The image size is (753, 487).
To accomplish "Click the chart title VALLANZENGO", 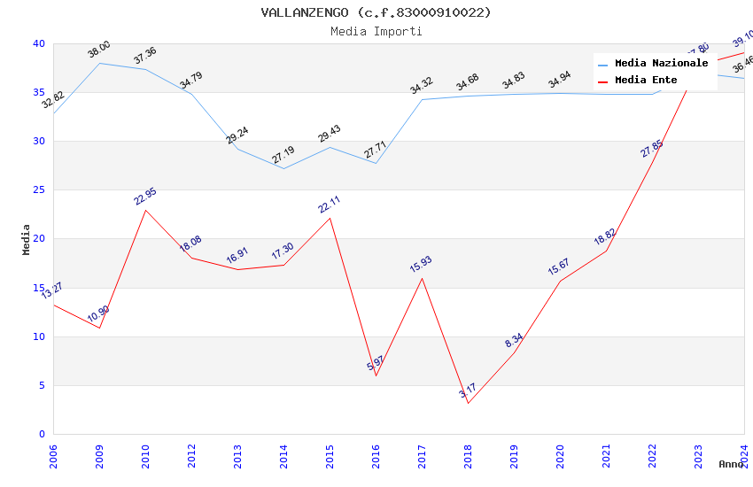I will tap(376, 12).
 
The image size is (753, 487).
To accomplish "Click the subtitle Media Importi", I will tap(376, 32).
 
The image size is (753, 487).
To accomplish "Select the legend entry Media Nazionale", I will tap(661, 64).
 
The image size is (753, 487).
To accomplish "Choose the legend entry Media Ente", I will tap(646, 81).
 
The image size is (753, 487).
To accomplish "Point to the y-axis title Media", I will tap(27, 239).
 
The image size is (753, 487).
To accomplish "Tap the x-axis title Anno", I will tap(731, 464).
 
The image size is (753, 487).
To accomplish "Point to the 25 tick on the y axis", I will tap(39, 190).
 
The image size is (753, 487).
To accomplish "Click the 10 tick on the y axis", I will tap(39, 336).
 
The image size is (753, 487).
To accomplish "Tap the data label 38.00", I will tap(98, 50).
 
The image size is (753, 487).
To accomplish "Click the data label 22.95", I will tap(144, 196).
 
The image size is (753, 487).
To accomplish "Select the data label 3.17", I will tap(467, 390).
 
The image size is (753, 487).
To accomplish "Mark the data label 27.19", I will tap(283, 156).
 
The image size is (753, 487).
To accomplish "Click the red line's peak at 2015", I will tap(330, 218).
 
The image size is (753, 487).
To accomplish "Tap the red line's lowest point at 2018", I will tap(468, 403).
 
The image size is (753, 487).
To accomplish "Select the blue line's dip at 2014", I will tap(283, 168).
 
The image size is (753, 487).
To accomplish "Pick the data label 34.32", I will tap(421, 86).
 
